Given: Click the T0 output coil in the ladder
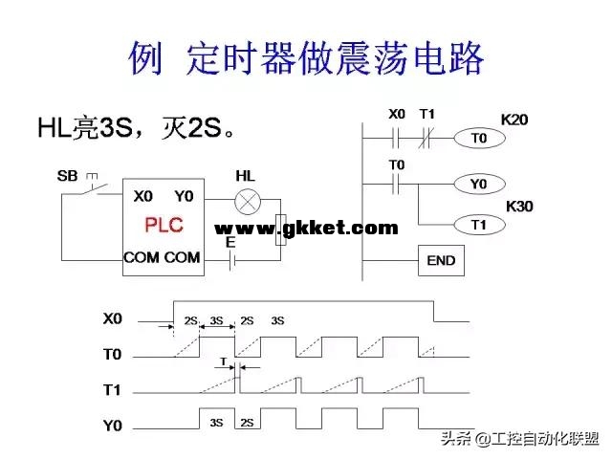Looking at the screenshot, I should [x=479, y=139].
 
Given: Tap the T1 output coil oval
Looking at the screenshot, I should [x=479, y=225].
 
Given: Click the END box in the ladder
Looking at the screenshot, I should [x=441, y=260].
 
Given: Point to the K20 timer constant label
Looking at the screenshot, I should [x=514, y=120].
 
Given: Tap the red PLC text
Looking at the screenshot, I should [x=163, y=226].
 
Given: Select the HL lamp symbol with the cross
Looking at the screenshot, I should [x=249, y=202].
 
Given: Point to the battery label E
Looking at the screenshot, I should [x=229, y=243].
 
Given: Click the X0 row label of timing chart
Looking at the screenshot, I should [x=113, y=317].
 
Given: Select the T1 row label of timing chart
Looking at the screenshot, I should [x=113, y=391].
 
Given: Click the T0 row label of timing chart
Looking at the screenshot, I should [x=113, y=355].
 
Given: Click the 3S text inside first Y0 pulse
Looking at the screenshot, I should [x=216, y=422].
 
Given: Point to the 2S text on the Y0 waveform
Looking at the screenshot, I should [x=247, y=422].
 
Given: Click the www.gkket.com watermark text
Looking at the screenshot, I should [x=306, y=228].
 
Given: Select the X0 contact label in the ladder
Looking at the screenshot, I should [x=397, y=115].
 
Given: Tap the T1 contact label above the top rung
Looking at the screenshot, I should [x=427, y=115].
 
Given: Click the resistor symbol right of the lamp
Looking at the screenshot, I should [x=280, y=230].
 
